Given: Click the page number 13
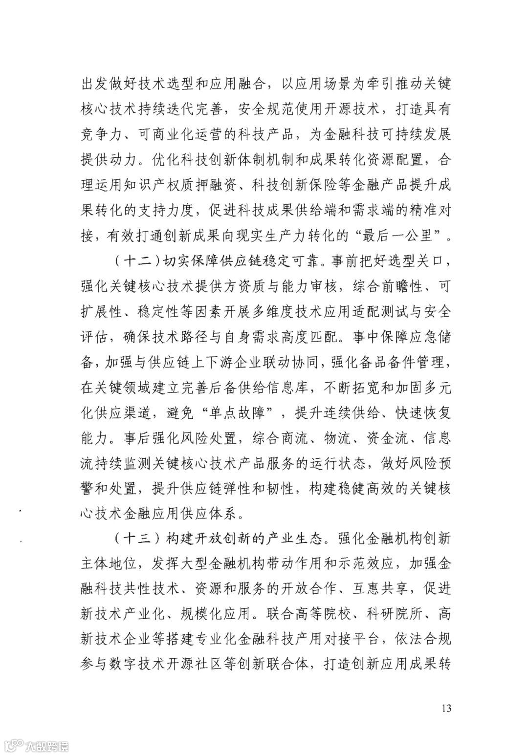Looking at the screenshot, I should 445,708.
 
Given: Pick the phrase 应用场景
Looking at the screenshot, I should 328,84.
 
